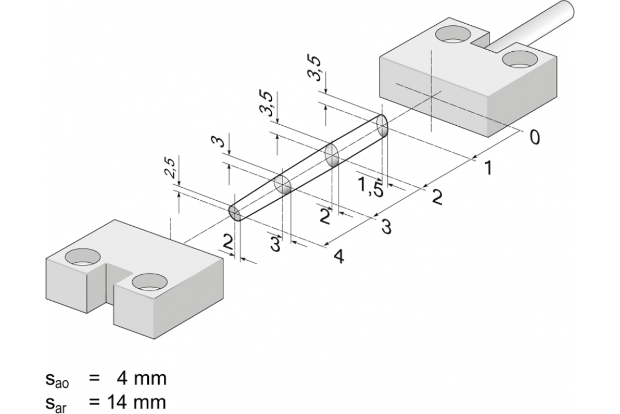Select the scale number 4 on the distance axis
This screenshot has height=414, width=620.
click(x=338, y=256)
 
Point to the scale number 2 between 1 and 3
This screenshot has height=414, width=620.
click(x=437, y=197)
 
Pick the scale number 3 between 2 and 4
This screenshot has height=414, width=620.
click(x=386, y=226)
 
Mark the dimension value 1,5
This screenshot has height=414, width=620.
click(x=370, y=187)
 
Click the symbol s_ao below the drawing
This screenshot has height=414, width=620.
click(x=57, y=380)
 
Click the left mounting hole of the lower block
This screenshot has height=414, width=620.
click(x=83, y=257)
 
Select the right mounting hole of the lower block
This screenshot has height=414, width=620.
click(x=149, y=282)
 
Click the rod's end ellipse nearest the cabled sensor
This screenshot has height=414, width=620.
click(x=382, y=126)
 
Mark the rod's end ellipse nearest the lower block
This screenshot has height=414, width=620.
click(x=235, y=212)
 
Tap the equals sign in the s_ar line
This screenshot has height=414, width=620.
click(x=94, y=401)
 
